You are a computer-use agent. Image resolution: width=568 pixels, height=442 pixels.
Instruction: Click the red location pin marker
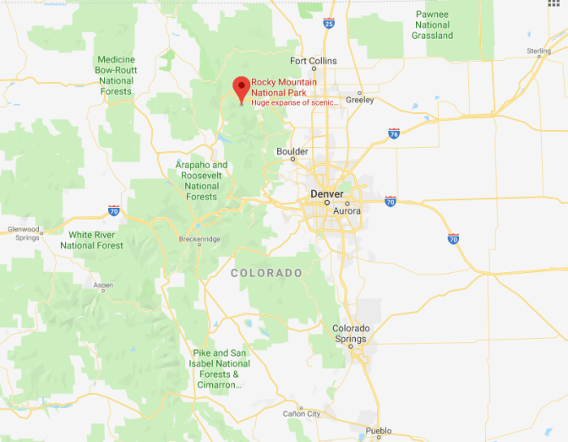[x=241, y=87]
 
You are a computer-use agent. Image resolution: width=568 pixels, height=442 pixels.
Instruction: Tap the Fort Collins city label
[x=313, y=61]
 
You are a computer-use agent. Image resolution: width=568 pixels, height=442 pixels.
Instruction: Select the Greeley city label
[x=359, y=100]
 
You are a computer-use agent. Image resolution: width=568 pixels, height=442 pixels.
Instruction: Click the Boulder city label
[x=292, y=152]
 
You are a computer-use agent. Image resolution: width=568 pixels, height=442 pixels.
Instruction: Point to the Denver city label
[x=327, y=194]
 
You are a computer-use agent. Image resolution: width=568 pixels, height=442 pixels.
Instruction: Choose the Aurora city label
[x=347, y=210]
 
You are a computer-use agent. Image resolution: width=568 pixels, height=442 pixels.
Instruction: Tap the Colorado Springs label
[x=351, y=333]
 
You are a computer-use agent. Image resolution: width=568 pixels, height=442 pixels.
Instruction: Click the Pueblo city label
[x=379, y=431]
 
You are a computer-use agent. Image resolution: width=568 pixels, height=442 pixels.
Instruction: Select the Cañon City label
[x=302, y=413]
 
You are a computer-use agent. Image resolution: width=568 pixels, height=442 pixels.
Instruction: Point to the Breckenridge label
[x=199, y=239]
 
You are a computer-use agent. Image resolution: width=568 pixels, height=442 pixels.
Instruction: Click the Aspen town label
[x=103, y=286]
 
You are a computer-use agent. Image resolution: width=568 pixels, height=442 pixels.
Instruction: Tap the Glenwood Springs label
[x=24, y=233]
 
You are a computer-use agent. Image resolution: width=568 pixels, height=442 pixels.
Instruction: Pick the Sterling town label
[x=539, y=52]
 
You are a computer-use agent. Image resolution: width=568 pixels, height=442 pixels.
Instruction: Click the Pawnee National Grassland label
[x=433, y=25]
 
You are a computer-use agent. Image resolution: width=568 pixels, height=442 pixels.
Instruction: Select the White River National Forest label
[x=91, y=240]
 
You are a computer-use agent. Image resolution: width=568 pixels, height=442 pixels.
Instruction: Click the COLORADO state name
[x=266, y=273]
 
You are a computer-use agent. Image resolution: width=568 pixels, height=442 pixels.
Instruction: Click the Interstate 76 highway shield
[x=394, y=134]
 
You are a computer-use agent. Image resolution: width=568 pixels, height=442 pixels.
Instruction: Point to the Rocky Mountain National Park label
[x=284, y=87]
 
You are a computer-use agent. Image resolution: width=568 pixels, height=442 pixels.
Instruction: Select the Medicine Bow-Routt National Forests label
[x=116, y=75]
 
